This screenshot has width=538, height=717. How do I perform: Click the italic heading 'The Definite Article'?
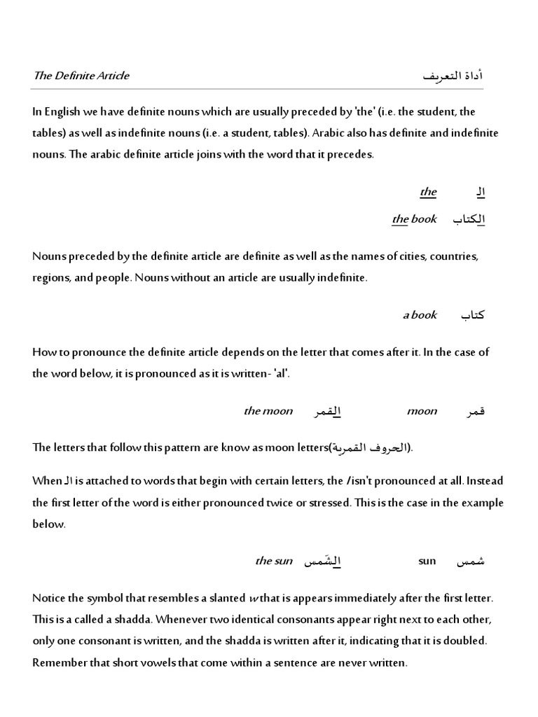tap(81, 76)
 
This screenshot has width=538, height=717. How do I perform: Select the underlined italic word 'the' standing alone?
tap(428, 192)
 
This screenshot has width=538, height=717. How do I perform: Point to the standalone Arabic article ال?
tap(480, 192)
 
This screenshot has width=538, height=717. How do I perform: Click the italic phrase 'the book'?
tap(414, 219)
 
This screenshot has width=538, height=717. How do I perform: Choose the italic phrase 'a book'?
tap(420, 315)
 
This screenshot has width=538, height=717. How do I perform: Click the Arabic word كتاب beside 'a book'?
tap(472, 315)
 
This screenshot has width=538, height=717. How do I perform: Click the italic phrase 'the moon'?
tap(268, 411)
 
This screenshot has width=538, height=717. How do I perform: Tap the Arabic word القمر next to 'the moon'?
tap(326, 412)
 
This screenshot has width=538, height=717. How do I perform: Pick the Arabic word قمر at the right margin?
tap(474, 412)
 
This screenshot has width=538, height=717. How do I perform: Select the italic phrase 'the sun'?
tap(274, 561)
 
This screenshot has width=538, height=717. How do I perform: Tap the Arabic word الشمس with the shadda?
tap(322, 561)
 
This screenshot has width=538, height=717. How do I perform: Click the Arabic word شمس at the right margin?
tap(471, 561)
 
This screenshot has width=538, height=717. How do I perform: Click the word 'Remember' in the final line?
tap(59, 662)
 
